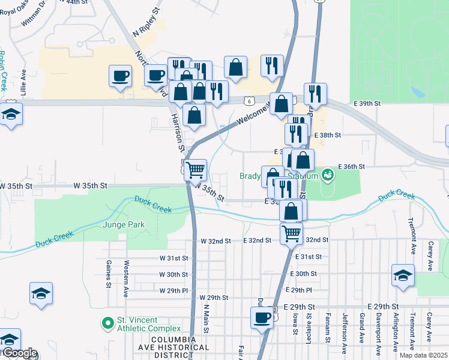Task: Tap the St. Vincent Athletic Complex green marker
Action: (x=108, y=324)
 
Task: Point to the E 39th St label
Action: (x=367, y=104)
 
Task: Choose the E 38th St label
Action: (x=330, y=136)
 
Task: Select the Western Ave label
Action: (x=126, y=274)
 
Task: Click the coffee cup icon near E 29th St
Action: (x=262, y=317)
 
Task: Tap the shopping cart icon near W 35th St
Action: (x=196, y=170)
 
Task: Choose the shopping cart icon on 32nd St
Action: (x=292, y=232)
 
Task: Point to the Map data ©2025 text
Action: (x=423, y=355)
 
